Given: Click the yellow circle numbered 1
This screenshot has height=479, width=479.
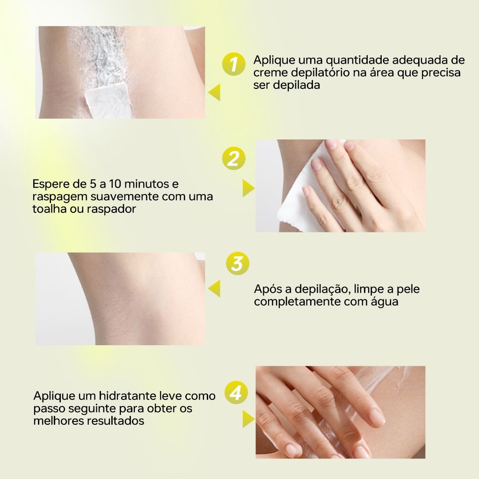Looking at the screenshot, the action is (x=234, y=64).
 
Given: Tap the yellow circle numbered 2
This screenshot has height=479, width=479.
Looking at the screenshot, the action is (x=234, y=158).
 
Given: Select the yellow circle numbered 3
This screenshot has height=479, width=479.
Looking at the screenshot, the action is (x=238, y=263).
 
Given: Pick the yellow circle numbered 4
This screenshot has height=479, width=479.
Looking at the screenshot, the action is (x=236, y=392).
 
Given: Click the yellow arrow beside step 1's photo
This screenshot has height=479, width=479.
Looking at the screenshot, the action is (x=214, y=92).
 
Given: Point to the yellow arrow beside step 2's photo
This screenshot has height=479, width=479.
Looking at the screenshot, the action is (x=248, y=188).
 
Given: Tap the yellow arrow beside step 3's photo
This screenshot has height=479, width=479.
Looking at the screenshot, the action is (x=214, y=288).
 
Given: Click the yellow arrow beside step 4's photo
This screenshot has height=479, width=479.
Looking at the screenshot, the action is (x=248, y=419).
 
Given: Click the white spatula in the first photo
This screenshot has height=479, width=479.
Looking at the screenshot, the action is (x=108, y=98).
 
